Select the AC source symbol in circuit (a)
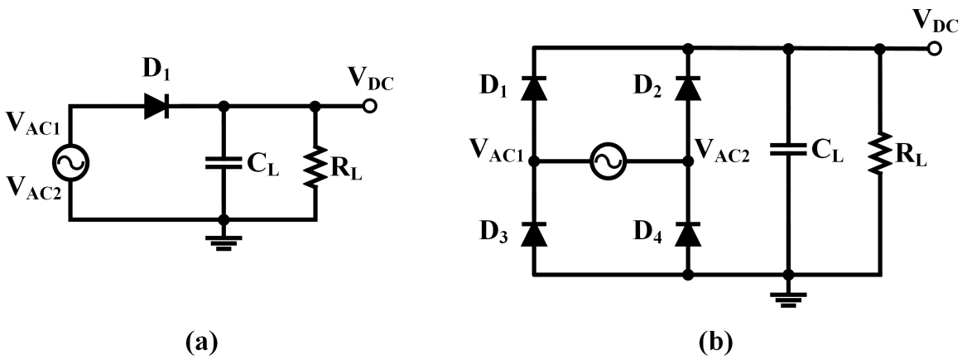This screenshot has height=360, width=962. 71,163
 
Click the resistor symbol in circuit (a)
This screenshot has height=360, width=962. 315,162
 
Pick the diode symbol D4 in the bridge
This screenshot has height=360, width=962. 686,234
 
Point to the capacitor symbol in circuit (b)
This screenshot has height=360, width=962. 788,150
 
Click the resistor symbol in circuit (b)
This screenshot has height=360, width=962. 880,152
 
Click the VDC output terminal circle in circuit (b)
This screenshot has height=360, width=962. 935,50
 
